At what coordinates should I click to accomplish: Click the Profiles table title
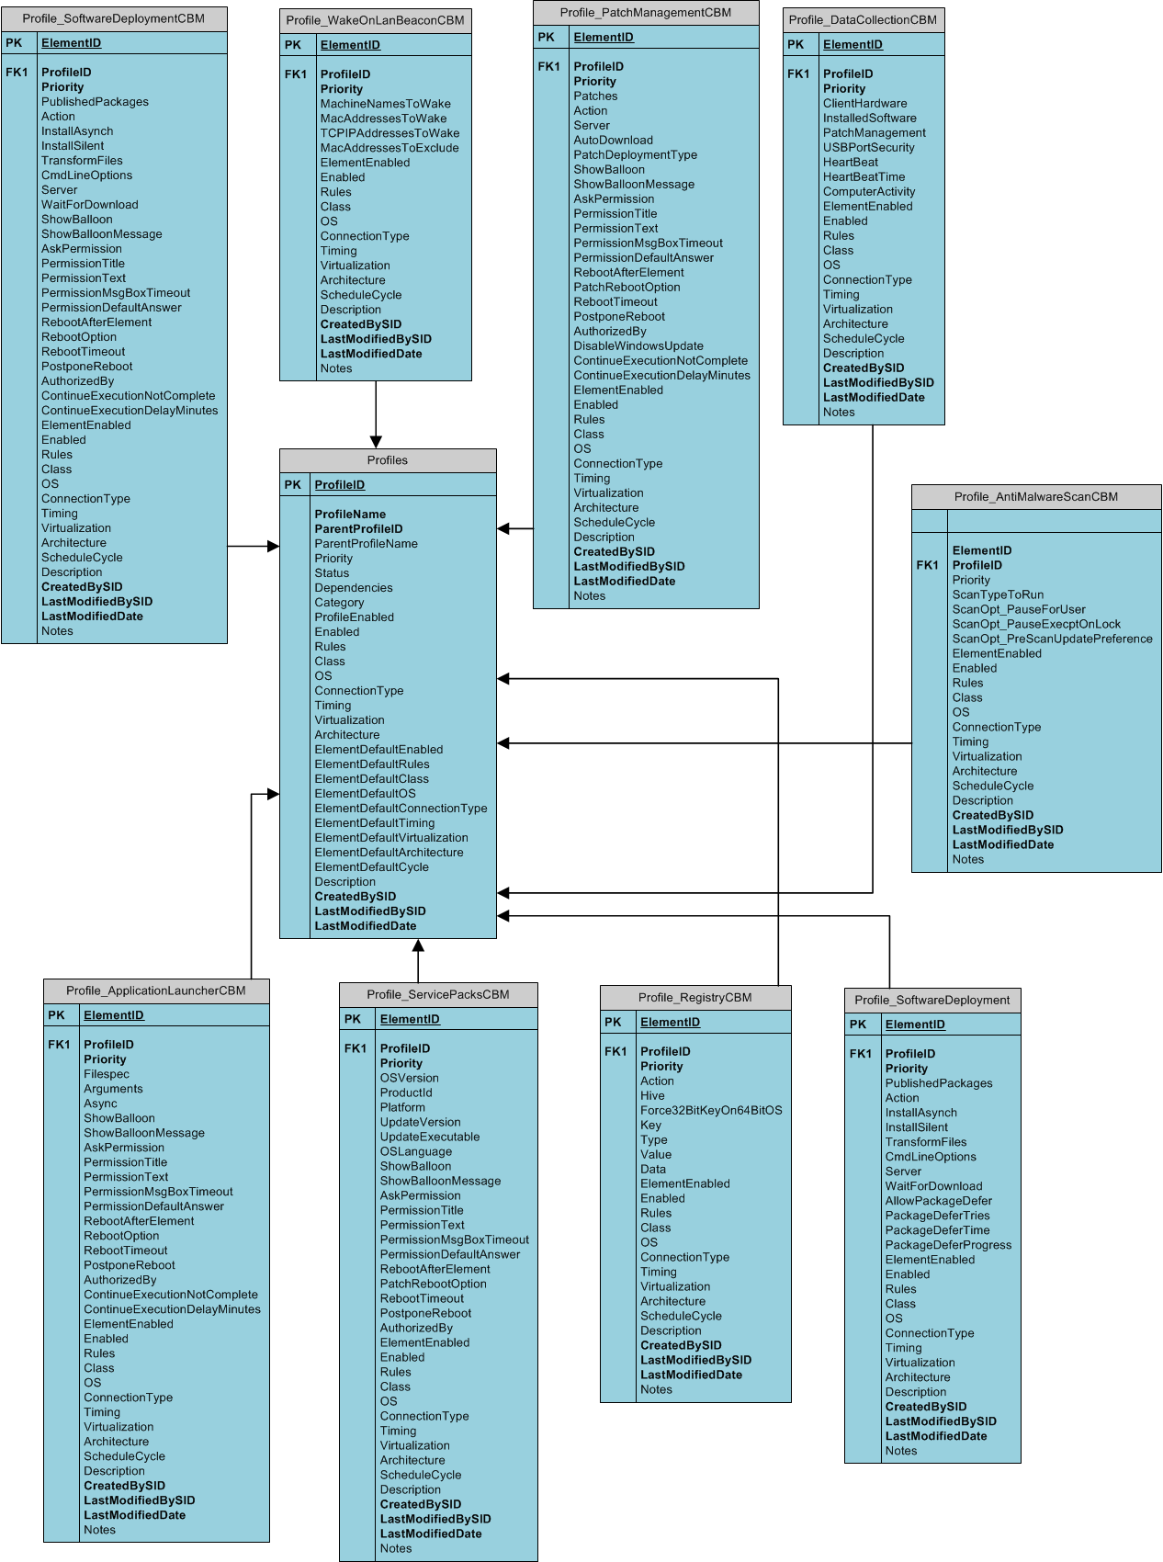[387, 460]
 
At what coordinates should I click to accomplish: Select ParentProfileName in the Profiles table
[366, 544]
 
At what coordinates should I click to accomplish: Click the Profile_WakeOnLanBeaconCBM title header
[375, 20]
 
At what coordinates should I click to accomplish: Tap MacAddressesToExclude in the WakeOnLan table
[389, 148]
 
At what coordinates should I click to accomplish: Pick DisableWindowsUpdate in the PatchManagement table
[638, 346]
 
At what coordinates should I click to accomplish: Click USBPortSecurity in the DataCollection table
[868, 148]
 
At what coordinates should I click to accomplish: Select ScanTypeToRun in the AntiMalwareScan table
[997, 595]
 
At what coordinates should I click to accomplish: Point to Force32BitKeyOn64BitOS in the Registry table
[710, 1111]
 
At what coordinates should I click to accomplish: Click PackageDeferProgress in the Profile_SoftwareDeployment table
[947, 1246]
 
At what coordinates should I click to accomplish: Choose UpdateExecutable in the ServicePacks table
[429, 1138]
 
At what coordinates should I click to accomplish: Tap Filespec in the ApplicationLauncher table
[107, 1074]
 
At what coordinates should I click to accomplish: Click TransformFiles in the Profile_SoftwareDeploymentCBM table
[82, 161]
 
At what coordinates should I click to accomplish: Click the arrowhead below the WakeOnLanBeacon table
[376, 442]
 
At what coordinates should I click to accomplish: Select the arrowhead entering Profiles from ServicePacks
[418, 945]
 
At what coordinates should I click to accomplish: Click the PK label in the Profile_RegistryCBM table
[613, 1023]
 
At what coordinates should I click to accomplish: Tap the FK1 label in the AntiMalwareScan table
[927, 566]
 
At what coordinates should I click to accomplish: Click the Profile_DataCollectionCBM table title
[862, 20]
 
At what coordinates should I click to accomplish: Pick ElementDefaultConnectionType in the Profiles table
[401, 809]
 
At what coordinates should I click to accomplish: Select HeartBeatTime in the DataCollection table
[864, 177]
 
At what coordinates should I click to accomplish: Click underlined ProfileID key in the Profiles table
[339, 485]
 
